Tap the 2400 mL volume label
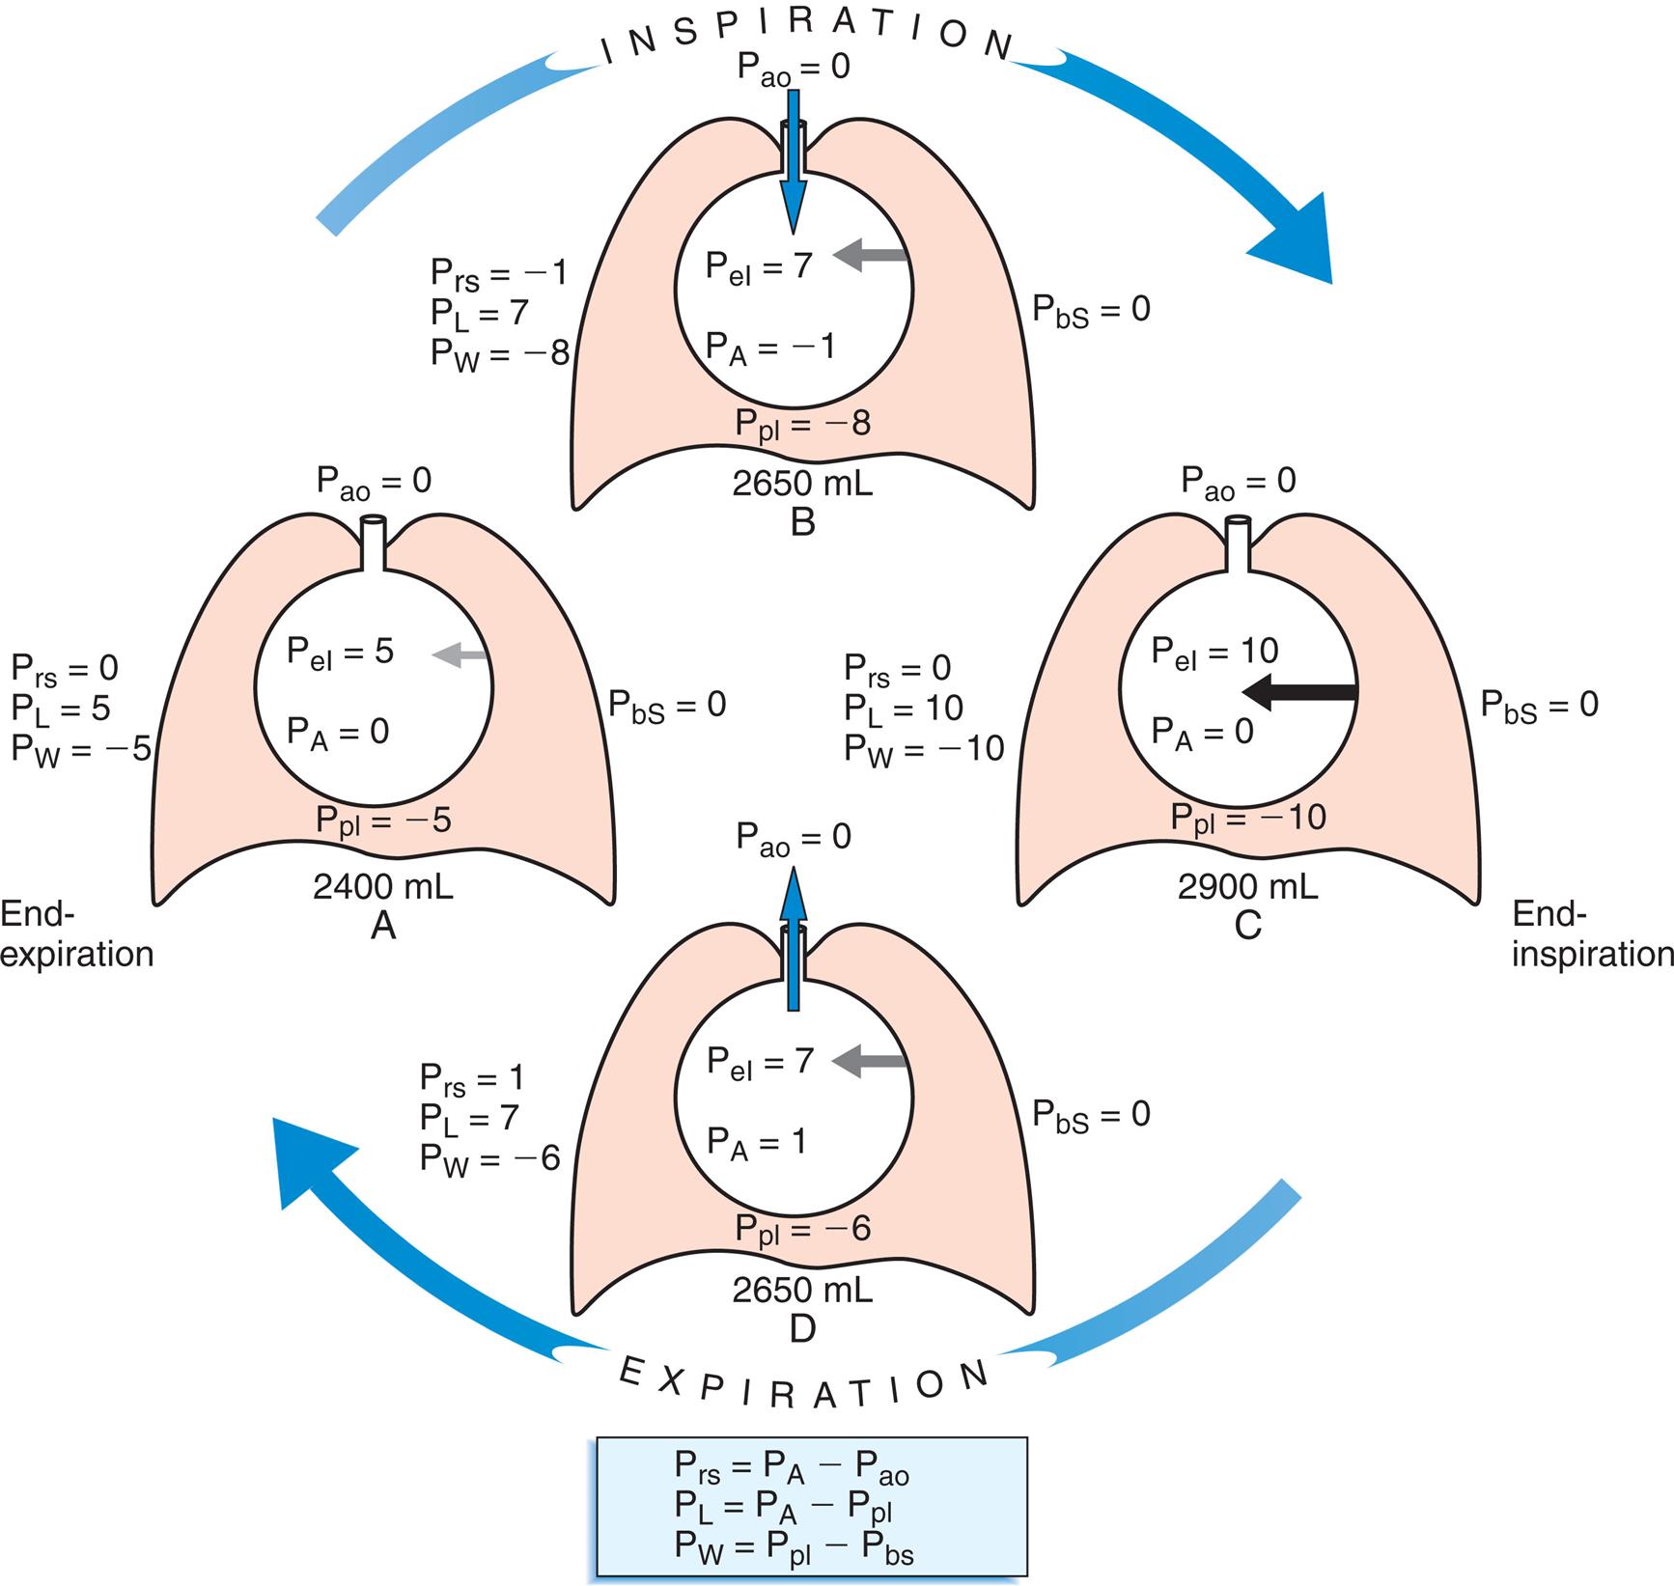click(383, 886)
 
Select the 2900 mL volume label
click(1247, 886)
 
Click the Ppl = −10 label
click(1248, 819)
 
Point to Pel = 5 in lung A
click(340, 652)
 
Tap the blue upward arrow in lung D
click(794, 936)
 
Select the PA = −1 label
click(769, 347)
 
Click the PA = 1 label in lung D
click(756, 1142)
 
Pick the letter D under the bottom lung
click(802, 1328)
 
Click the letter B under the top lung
click(802, 522)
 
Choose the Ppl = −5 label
click(383, 821)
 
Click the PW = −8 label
click(499, 354)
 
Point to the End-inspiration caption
click(1591, 933)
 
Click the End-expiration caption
click(77, 933)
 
